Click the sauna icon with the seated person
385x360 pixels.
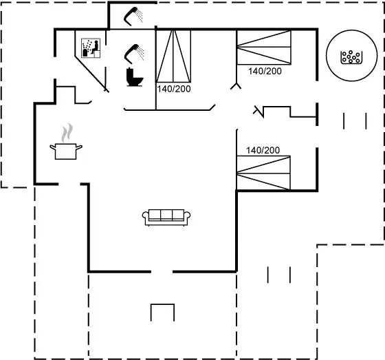click(x=91, y=48)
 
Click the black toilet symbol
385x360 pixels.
click(x=134, y=77)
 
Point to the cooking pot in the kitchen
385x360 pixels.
click(x=66, y=151)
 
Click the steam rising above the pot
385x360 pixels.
click(x=67, y=133)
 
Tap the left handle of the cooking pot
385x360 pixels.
click(x=53, y=147)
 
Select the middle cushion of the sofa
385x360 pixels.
click(x=166, y=215)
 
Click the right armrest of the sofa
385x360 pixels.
click(x=187, y=215)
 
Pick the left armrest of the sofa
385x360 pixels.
click(x=146, y=215)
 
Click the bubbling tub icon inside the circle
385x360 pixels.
click(x=351, y=57)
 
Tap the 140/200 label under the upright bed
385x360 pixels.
click(x=174, y=89)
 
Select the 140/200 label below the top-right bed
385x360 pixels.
click(x=265, y=72)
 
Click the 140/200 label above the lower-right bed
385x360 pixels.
click(x=263, y=150)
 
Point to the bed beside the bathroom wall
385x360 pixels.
click(x=173, y=56)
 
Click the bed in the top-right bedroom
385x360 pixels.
click(x=264, y=47)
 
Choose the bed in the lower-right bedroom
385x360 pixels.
click(x=263, y=173)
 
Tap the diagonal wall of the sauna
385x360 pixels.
click(x=91, y=73)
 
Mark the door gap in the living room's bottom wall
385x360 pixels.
click(x=162, y=271)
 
